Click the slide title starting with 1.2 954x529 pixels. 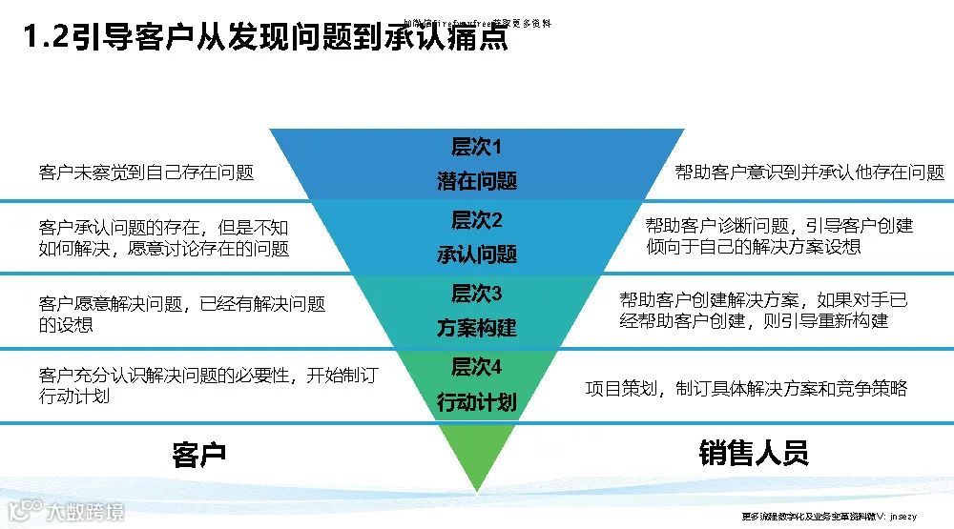pos(265,40)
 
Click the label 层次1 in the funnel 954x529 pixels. pos(476,147)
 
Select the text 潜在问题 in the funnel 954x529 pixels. pos(477,181)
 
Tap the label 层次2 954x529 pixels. pos(476,220)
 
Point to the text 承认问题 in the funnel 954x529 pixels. pos(477,254)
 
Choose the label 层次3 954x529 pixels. pos(476,294)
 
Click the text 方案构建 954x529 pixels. pos(477,328)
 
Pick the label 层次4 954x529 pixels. pos(476,367)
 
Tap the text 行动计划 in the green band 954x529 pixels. pos(477,402)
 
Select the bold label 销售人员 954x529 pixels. pos(753,453)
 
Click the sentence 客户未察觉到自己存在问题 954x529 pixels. pos(147,173)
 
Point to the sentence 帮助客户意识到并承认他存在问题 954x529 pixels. pos(809,173)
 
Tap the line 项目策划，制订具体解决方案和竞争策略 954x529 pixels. pos(745,388)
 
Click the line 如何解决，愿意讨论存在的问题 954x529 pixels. pos(164,249)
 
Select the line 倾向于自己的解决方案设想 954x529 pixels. pos(753,247)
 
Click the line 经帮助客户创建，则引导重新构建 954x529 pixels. pos(754,321)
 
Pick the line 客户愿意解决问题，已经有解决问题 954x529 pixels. pos(182,304)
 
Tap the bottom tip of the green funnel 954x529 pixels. pos(477,488)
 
